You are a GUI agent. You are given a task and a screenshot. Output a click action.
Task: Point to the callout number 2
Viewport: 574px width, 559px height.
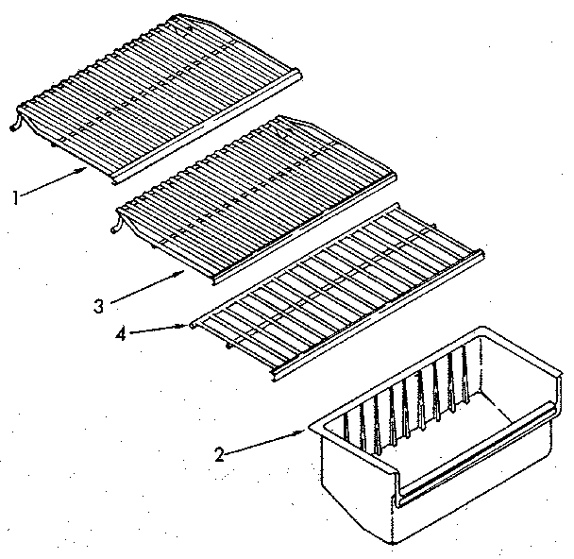click(219, 454)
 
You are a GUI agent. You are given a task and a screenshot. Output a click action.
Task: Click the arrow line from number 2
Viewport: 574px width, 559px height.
click(264, 442)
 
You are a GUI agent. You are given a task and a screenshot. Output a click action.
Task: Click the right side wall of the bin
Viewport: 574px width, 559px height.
click(543, 415)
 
